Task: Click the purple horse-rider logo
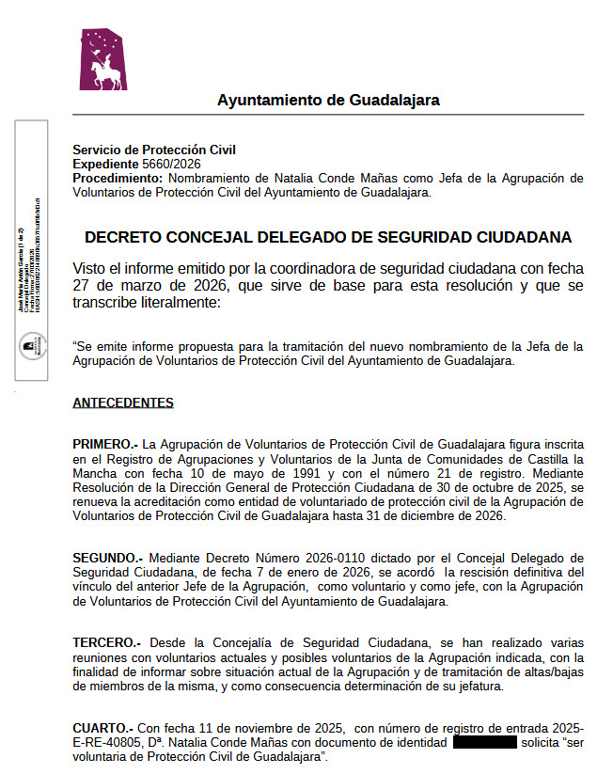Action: tap(102, 59)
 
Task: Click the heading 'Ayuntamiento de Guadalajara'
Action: tap(328, 100)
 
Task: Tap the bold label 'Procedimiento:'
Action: tap(118, 178)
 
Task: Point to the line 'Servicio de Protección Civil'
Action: tap(154, 150)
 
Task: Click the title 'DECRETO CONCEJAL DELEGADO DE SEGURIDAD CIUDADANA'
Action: tap(328, 237)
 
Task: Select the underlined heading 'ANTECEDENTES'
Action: tap(123, 403)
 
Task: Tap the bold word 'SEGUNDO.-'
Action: tap(108, 558)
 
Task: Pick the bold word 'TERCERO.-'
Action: tap(106, 642)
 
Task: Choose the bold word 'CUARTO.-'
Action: tap(102, 728)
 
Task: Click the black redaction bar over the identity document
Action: tap(485, 743)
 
